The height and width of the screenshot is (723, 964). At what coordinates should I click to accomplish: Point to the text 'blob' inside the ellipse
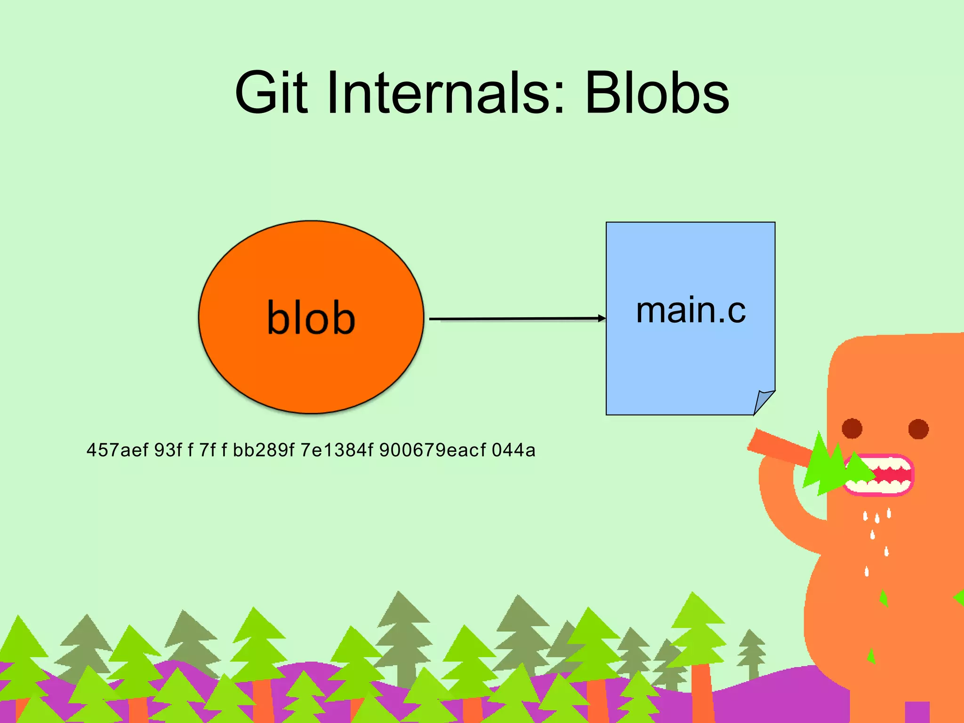(311, 318)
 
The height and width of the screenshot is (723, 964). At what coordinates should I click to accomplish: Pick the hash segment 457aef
(117, 450)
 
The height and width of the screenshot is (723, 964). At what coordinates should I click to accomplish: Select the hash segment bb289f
(264, 450)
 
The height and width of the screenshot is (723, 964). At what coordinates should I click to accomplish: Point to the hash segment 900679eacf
(432, 450)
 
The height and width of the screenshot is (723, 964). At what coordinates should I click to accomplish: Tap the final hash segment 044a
(514, 450)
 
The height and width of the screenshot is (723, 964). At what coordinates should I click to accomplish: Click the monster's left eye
(852, 428)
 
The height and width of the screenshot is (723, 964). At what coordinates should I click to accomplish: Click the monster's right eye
(918, 429)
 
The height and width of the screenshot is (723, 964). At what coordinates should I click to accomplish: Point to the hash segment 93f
(168, 450)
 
